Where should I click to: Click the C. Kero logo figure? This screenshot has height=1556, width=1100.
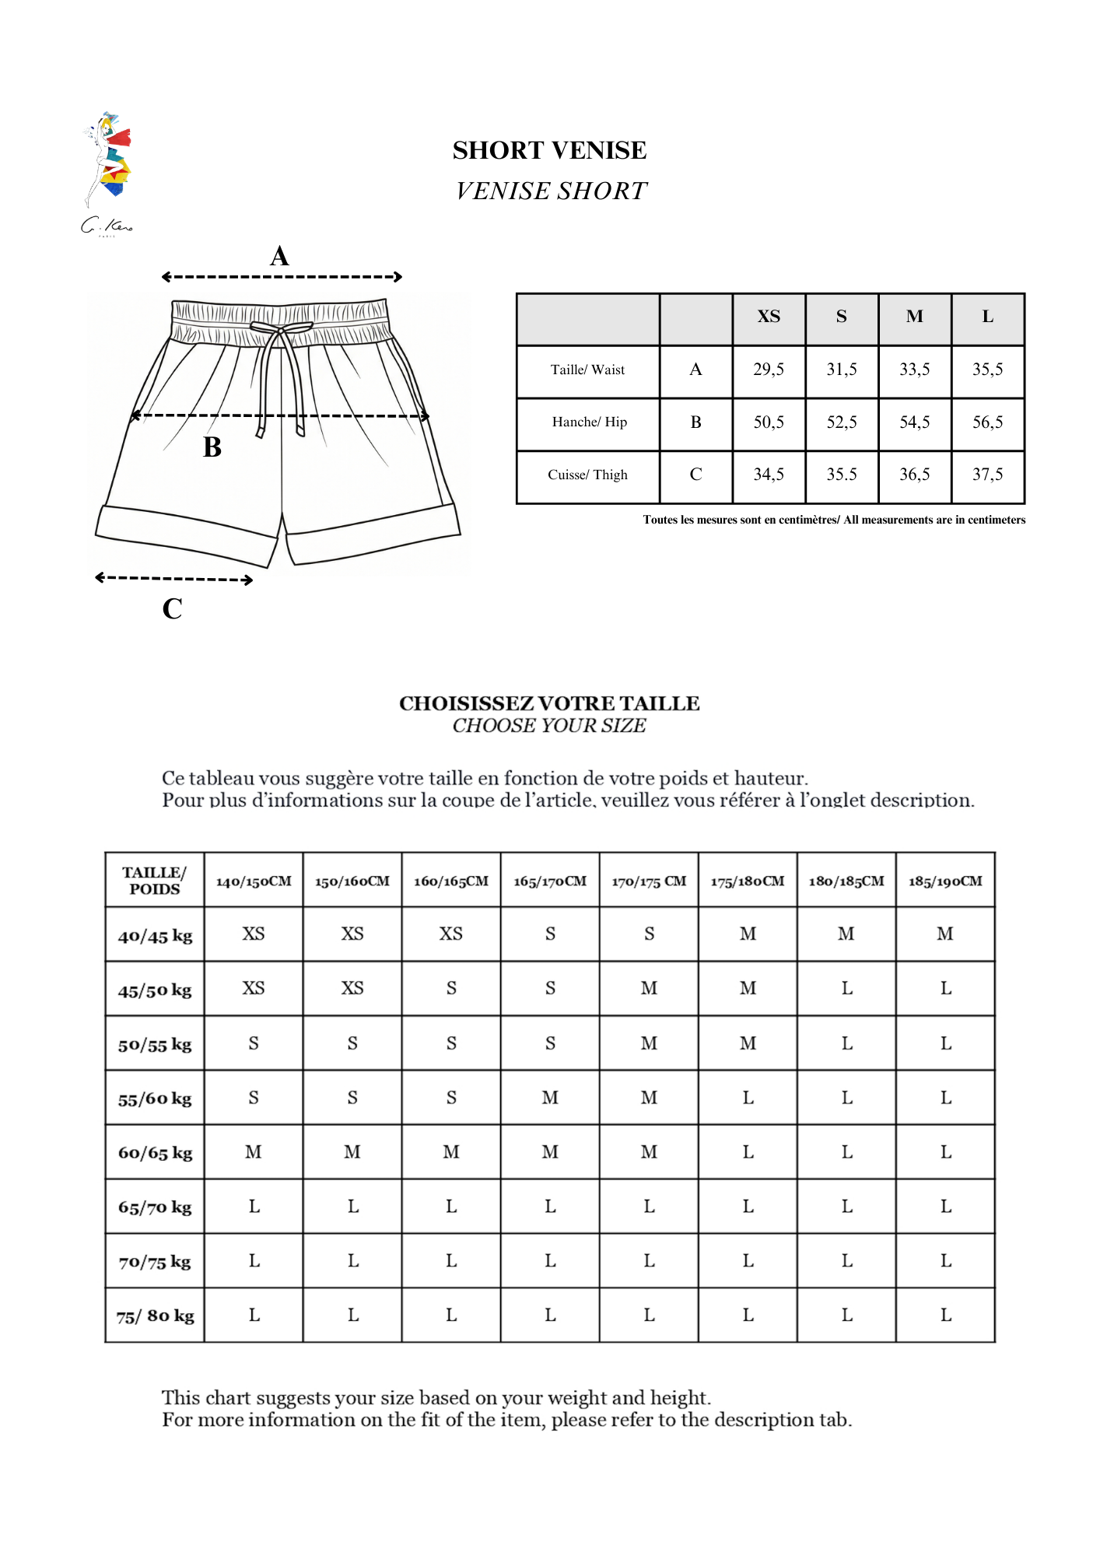[x=107, y=163]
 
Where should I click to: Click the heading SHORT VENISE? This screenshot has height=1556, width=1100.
[x=549, y=150]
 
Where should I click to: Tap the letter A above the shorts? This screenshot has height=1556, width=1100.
[x=279, y=256]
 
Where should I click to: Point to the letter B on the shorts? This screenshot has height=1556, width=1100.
[x=212, y=447]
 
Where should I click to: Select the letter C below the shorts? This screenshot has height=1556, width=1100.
[x=172, y=608]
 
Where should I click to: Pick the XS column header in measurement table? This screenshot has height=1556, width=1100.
[x=769, y=317]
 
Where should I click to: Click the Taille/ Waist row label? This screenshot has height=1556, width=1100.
[x=587, y=370]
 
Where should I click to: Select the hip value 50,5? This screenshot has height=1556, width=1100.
[x=769, y=422]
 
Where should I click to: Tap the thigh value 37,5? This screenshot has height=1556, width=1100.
[x=987, y=475]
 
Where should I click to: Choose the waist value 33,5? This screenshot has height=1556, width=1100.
[x=914, y=370]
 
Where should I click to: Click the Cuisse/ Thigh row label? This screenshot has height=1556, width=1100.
[x=587, y=475]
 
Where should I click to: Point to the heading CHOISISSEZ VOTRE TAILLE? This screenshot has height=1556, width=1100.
[x=549, y=703]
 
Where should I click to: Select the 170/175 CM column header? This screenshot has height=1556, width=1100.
[x=649, y=881]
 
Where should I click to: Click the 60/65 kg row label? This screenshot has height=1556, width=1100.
[x=155, y=1153]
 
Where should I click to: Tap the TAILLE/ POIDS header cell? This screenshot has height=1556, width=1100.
[x=155, y=881]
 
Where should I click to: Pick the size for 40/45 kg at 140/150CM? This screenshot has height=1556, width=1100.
[x=254, y=934]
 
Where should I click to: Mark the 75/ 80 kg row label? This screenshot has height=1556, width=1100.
[x=155, y=1316]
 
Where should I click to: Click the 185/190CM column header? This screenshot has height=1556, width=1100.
[x=945, y=881]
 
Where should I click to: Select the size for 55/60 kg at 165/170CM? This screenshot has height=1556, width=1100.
[x=550, y=1098]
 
